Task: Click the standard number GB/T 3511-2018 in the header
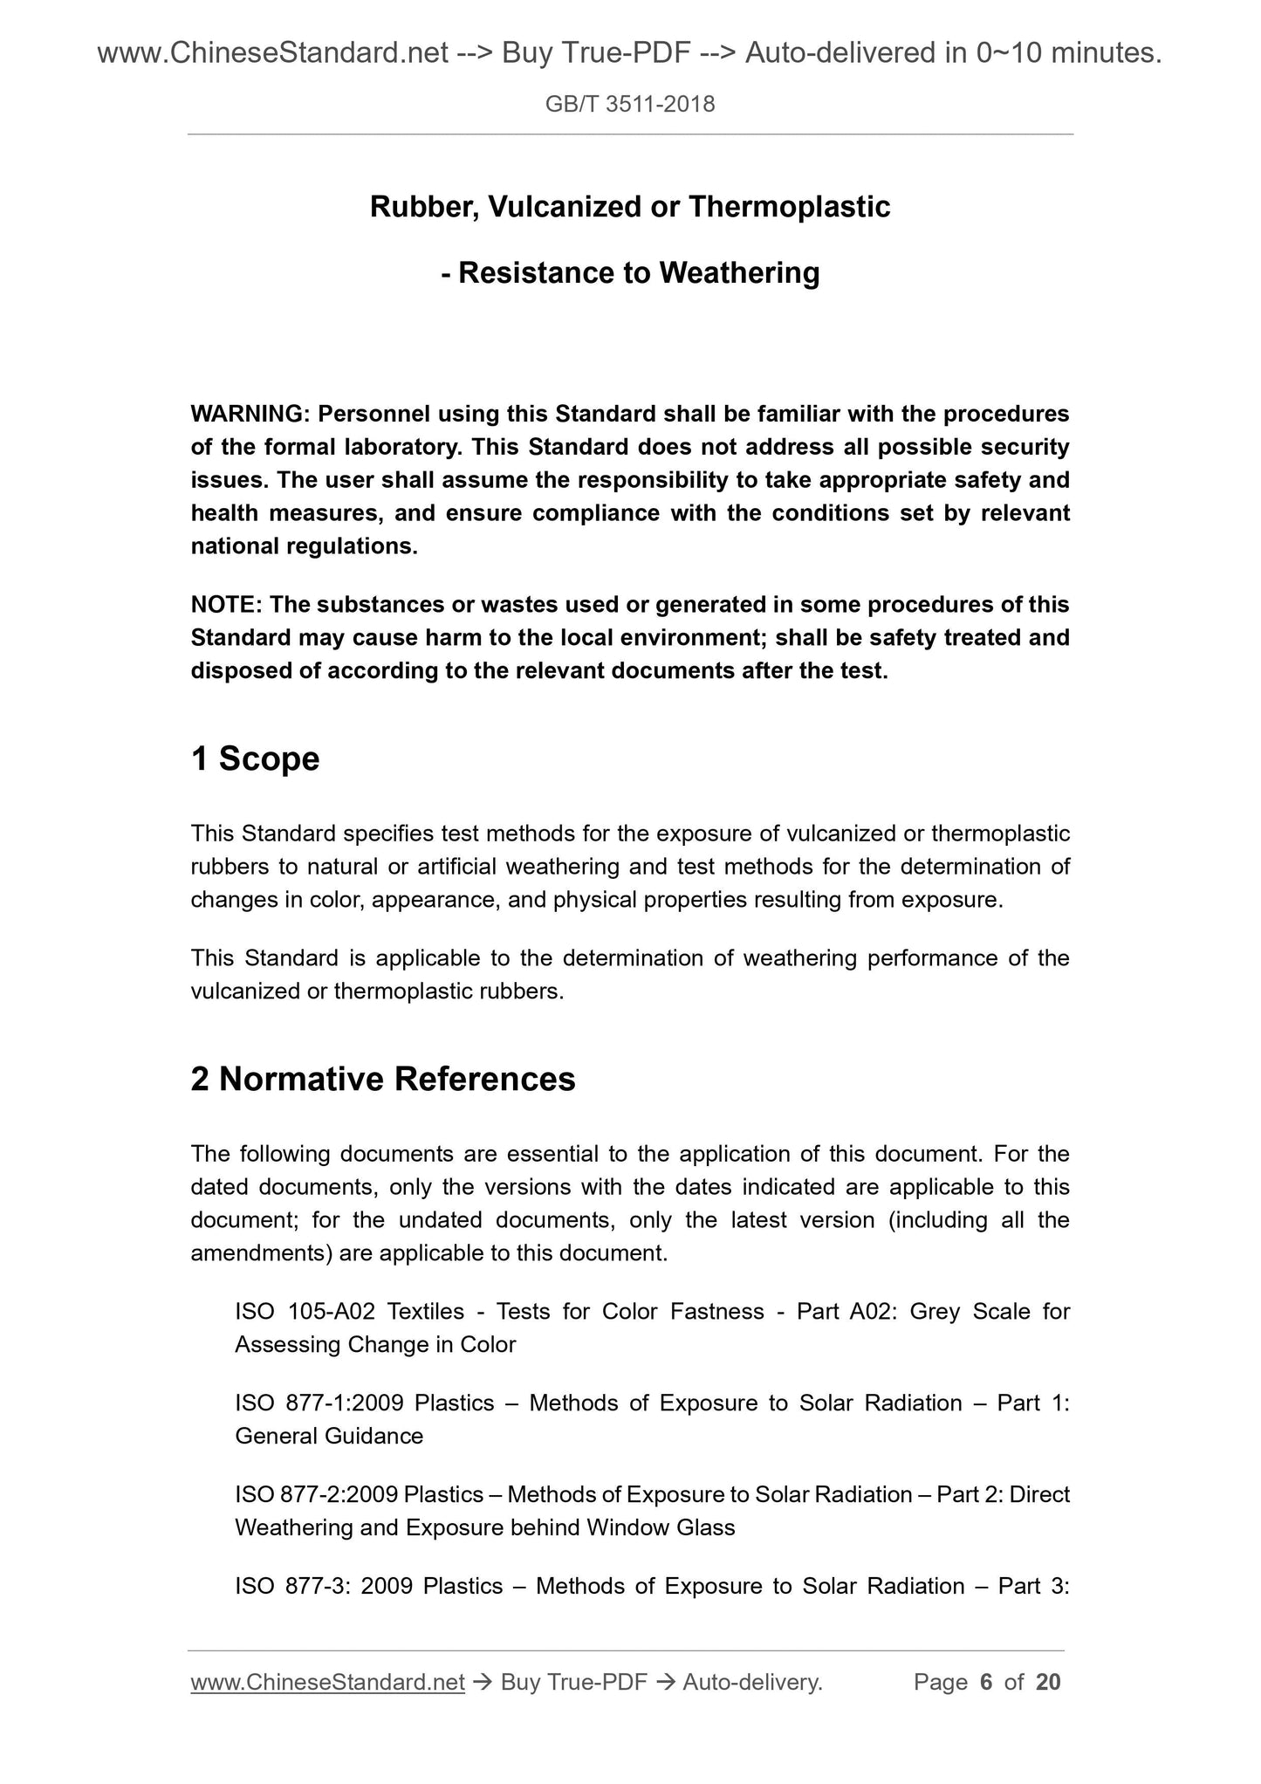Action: click(629, 105)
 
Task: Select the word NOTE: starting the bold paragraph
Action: click(226, 604)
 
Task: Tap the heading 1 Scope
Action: click(255, 758)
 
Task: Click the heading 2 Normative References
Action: click(382, 1079)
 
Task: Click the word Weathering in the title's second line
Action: click(739, 273)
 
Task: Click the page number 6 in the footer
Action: click(986, 1682)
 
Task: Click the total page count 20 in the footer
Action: click(1047, 1682)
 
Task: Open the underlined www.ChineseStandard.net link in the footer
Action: click(327, 1682)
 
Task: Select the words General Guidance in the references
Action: click(328, 1436)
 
